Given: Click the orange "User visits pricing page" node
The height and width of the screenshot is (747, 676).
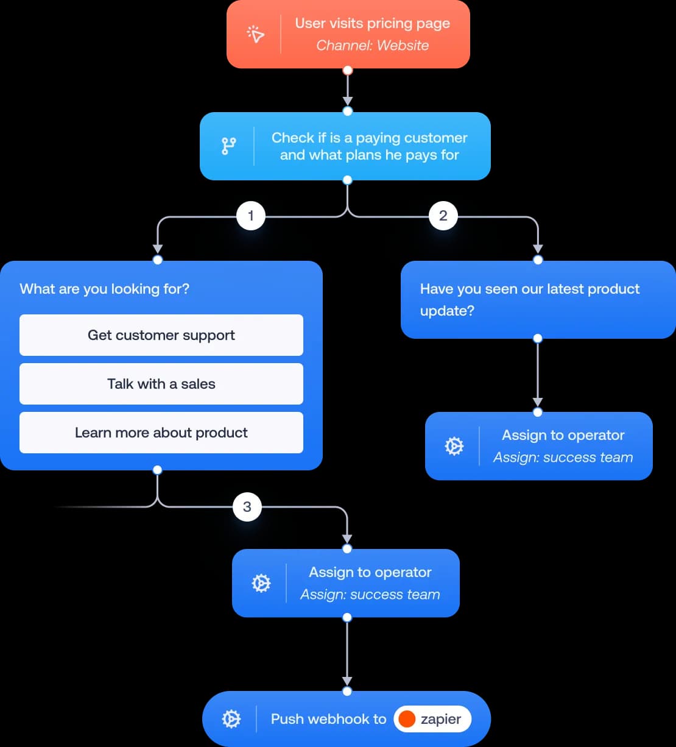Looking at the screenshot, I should click(x=348, y=34).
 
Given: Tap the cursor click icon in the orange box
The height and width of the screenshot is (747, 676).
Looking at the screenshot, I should click(x=256, y=35).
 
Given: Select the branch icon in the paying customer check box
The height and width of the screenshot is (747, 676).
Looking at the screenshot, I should click(x=228, y=146).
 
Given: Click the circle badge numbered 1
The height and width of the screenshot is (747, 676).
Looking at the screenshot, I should click(x=250, y=215).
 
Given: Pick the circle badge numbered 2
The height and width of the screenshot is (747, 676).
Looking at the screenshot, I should click(x=443, y=215).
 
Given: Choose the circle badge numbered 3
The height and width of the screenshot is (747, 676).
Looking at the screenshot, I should click(x=247, y=506).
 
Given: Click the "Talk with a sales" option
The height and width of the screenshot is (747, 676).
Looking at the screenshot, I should click(x=161, y=384).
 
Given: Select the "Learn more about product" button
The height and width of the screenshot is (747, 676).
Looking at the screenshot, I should click(x=161, y=433).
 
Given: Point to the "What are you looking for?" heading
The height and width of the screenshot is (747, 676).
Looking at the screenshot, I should click(x=105, y=289).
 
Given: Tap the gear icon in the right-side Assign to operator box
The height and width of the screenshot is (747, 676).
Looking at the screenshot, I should click(x=454, y=446).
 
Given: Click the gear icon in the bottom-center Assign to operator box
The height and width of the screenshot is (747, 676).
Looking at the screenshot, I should click(x=261, y=583).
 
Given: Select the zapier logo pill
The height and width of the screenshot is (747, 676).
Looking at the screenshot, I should click(x=432, y=719).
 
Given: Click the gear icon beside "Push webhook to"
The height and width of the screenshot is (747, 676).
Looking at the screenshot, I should click(x=231, y=719).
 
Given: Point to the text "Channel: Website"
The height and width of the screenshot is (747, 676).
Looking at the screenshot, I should click(x=372, y=46).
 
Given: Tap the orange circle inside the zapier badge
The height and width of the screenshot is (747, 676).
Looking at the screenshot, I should click(x=407, y=719).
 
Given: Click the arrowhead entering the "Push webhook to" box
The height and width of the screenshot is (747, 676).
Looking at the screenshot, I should click(x=347, y=681).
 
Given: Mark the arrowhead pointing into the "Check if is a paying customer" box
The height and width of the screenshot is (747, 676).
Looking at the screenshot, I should click(x=347, y=101).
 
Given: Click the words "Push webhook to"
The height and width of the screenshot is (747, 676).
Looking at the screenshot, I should click(x=328, y=719).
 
